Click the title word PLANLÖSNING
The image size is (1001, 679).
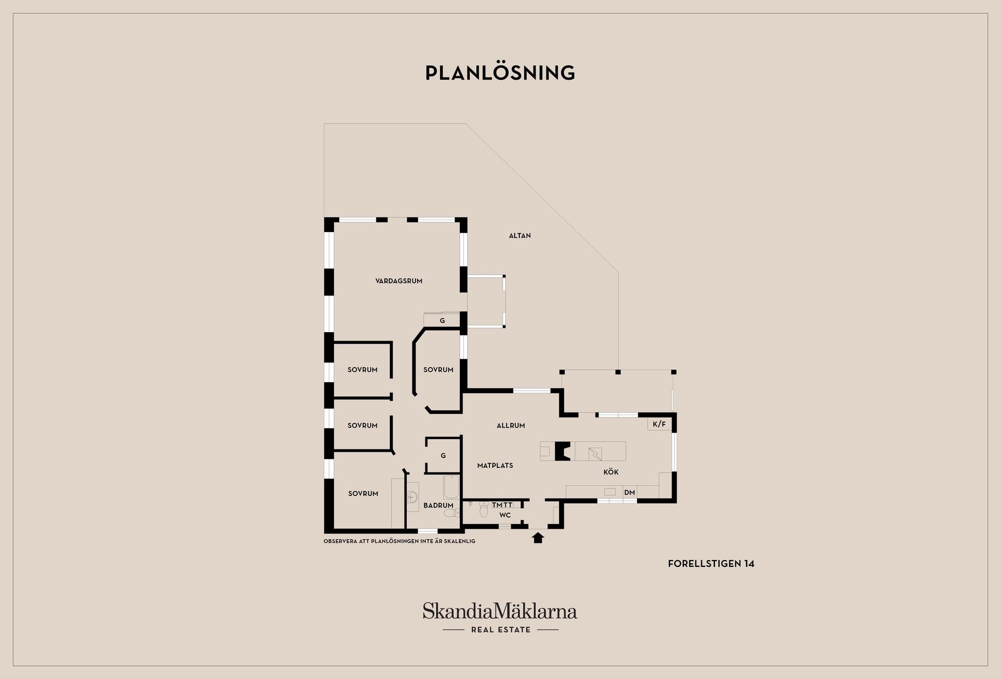coord(500,72)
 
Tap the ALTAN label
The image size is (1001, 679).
coord(520,236)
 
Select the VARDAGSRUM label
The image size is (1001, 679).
coord(399,281)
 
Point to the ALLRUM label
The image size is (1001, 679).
coord(511,426)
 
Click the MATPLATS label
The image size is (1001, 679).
coord(495,466)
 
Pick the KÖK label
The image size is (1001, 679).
coord(611,472)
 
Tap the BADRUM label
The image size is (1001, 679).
coord(438,505)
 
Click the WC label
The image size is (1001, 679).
coord(505,515)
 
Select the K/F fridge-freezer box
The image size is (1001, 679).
coord(660,424)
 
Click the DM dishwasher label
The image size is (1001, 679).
coord(630,492)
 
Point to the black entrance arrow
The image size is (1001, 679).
coord(538,538)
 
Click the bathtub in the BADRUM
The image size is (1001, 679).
coord(451,487)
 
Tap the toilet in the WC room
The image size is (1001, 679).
coord(484,511)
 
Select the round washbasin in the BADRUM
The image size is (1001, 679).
coord(413,496)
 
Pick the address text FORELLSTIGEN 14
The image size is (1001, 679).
coord(711,564)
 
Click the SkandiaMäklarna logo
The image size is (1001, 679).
coord(500,611)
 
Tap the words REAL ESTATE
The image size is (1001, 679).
coord(501,630)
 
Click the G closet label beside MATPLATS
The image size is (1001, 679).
coord(443,456)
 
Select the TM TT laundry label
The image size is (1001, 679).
coord(503,505)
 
